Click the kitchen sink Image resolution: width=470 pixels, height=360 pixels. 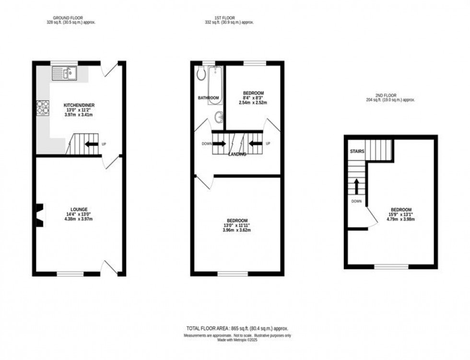click(x=64, y=73)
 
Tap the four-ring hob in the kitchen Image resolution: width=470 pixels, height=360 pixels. click(x=43, y=107)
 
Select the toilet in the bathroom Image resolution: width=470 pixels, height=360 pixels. click(x=201, y=72)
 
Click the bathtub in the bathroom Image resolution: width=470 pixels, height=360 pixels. click(x=215, y=85)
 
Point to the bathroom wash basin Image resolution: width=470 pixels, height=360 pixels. click(x=220, y=117)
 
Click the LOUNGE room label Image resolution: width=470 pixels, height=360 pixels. click(x=79, y=209)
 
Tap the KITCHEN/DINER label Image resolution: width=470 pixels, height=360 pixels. click(x=79, y=105)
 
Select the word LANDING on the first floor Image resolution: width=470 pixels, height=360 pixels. click(x=237, y=154)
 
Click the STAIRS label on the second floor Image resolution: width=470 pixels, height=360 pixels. click(x=357, y=151)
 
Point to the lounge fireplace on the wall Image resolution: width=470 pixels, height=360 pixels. click(x=40, y=215)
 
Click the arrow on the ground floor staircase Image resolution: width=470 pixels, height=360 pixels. click(x=92, y=144)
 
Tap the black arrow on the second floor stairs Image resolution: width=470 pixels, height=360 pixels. click(x=357, y=187)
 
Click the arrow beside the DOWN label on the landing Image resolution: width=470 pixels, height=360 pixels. click(x=220, y=144)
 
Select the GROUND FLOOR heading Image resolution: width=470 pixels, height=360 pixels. click(x=68, y=18)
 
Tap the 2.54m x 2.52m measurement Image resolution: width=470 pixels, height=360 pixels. click(x=253, y=103)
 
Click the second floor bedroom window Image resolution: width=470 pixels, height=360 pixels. click(x=391, y=267)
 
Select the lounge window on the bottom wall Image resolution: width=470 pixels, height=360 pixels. click(x=70, y=274)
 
